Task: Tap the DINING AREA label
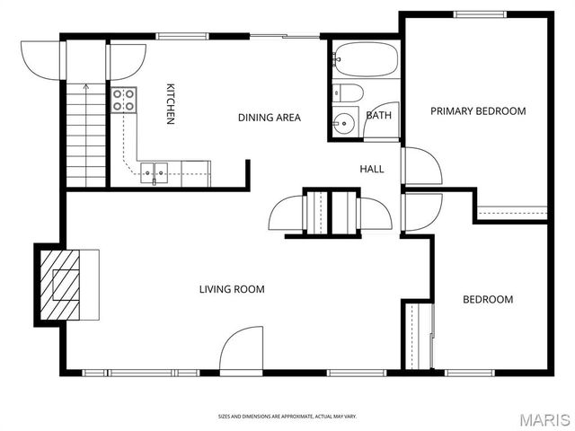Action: coord(270,118)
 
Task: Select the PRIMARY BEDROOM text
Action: coord(477,111)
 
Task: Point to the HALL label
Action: coord(372,169)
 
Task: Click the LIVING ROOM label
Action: coord(232,289)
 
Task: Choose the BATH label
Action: coord(378,115)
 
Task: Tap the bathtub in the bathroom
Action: coord(364,59)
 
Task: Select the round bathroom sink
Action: coord(343,123)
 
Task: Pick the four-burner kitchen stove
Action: coord(123,100)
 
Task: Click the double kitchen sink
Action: coord(155,168)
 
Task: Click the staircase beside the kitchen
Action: coord(85,135)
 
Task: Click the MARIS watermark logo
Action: coord(542,419)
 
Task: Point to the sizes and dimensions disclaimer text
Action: coord(287,416)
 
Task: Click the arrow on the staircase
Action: coord(85,88)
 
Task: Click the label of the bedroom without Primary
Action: coord(488,300)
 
